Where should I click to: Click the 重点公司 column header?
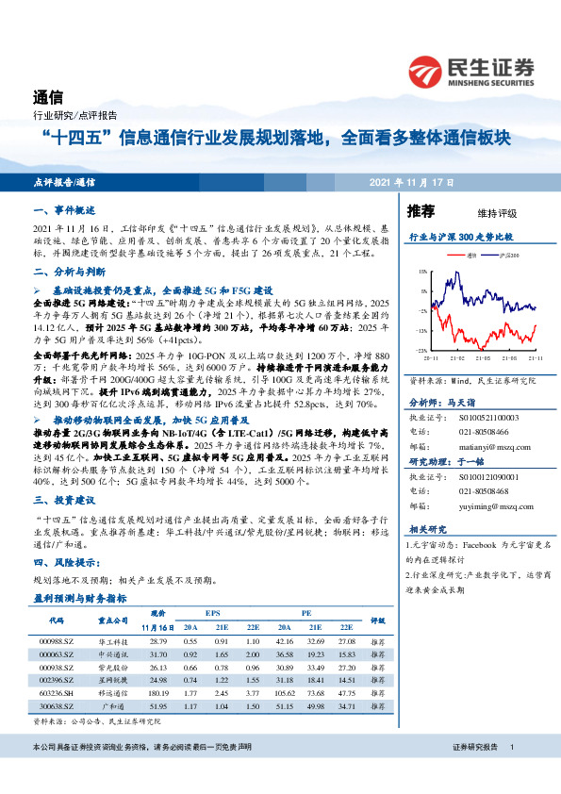[x=112, y=620]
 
